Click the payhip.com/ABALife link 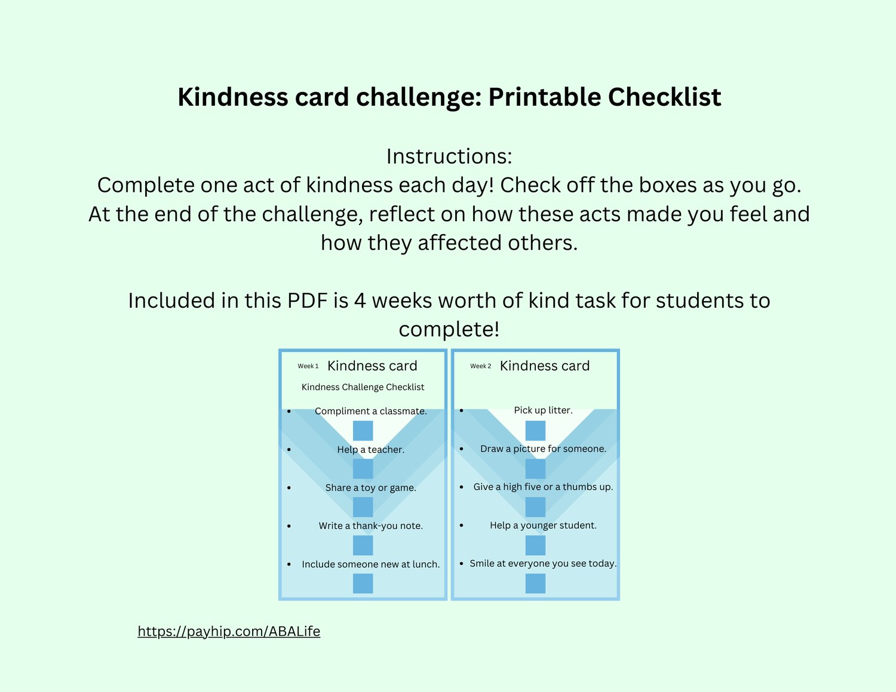click(229, 631)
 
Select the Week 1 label click(308, 366)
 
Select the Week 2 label click(480, 366)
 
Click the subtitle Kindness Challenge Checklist click(363, 387)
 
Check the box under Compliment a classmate click(363, 430)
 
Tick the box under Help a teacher click(363, 469)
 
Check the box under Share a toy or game click(363, 507)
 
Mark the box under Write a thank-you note click(363, 545)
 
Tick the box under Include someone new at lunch click(363, 584)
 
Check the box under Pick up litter click(535, 430)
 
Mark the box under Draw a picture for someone click(535, 469)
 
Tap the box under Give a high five click(535, 507)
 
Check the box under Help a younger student click(535, 545)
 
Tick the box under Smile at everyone click(535, 584)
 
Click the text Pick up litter click(543, 411)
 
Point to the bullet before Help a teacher click(289, 449)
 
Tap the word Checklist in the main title click(664, 97)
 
